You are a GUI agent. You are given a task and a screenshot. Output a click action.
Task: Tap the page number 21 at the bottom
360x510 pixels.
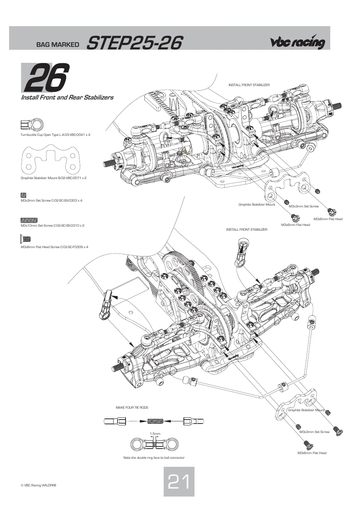(179, 482)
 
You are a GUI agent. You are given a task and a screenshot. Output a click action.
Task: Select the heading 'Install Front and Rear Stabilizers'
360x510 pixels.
(67, 97)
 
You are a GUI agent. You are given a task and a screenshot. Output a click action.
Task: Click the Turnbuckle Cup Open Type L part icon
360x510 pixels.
(32, 125)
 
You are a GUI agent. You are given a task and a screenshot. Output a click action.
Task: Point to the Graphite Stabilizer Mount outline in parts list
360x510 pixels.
(50, 159)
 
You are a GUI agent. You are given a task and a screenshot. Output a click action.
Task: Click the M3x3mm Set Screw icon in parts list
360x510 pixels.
(24, 195)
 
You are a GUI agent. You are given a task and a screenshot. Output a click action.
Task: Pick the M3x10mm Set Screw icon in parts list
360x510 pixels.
(29, 220)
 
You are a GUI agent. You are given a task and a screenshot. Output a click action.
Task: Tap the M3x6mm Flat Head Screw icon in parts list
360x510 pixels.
(25, 239)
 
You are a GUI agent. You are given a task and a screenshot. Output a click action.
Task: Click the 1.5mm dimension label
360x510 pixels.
(155, 433)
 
